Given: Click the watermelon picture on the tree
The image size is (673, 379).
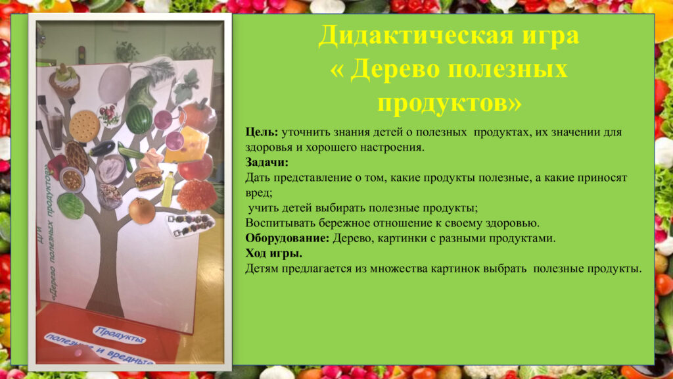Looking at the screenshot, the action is (x=139, y=119).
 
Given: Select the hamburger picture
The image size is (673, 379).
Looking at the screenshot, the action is (x=149, y=179).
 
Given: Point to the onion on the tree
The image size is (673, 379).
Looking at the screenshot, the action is (x=142, y=211).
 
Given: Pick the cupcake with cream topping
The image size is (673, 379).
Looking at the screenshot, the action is (x=65, y=80).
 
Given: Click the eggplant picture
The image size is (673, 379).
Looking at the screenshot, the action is (x=102, y=149).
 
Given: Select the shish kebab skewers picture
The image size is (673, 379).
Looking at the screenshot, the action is (x=190, y=225).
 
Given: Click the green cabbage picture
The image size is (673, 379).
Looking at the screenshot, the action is (x=71, y=206).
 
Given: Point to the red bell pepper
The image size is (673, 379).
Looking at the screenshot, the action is (x=57, y=166).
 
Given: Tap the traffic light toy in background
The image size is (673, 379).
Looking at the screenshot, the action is (x=81, y=54).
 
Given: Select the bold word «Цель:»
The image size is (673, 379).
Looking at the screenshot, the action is (x=262, y=132).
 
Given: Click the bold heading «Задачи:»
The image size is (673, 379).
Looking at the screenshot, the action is (x=267, y=163).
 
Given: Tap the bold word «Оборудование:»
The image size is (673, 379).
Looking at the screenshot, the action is (x=287, y=238).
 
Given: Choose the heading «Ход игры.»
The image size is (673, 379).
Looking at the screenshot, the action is (x=274, y=253).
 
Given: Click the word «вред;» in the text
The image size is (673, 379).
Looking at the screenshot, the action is (x=259, y=193).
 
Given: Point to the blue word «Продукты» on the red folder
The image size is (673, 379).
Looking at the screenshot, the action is (x=120, y=335).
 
